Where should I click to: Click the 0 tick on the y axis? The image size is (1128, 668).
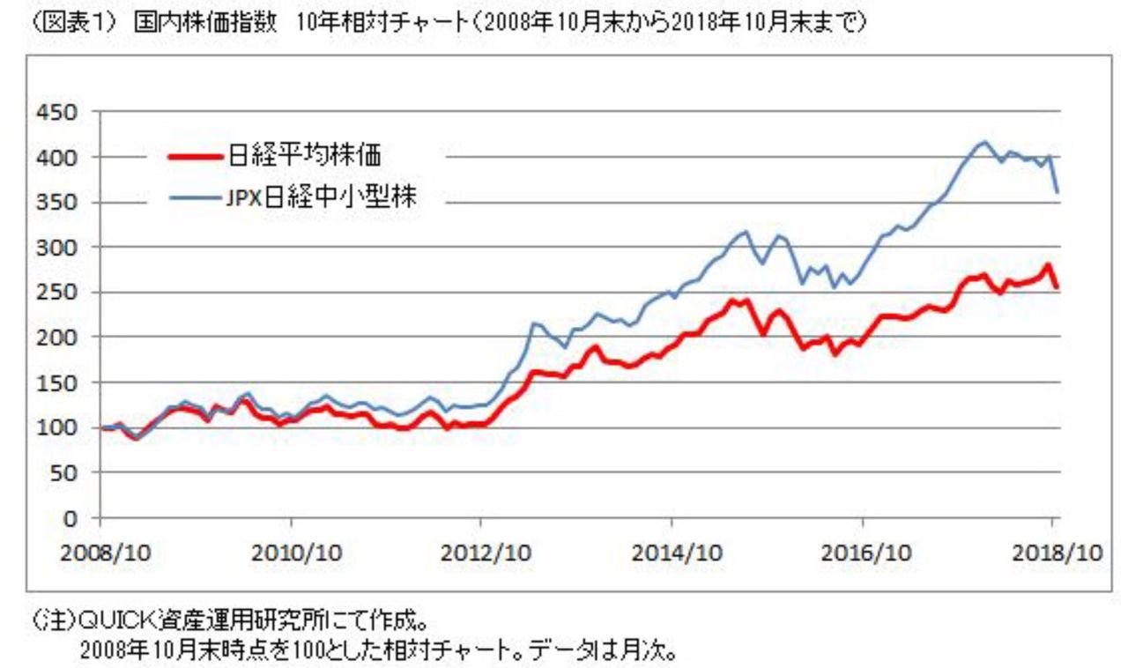coord(71,517)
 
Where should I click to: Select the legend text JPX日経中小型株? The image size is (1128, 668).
coord(321,198)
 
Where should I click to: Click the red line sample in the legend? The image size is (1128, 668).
coord(196,157)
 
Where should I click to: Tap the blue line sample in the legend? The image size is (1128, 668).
coord(196,199)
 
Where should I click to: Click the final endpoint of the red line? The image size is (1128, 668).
coord(1057,287)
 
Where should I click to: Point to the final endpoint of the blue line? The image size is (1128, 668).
coord(1057,192)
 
